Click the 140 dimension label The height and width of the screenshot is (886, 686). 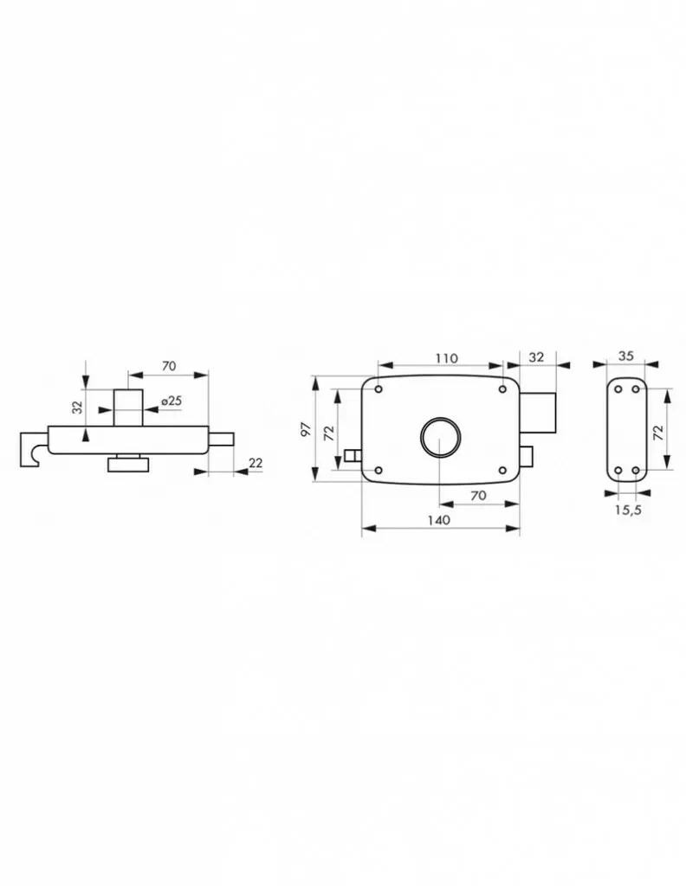click(x=438, y=519)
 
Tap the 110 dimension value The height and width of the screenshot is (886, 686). click(x=446, y=357)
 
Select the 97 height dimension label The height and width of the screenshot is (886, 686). click(x=306, y=429)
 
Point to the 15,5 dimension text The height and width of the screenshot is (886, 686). click(x=628, y=510)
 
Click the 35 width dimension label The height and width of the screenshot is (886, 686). click(x=626, y=356)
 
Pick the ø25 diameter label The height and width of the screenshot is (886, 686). click(x=171, y=401)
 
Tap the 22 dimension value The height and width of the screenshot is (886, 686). click(x=256, y=463)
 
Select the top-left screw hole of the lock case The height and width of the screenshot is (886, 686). click(x=379, y=389)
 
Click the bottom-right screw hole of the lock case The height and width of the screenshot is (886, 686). click(x=502, y=470)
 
